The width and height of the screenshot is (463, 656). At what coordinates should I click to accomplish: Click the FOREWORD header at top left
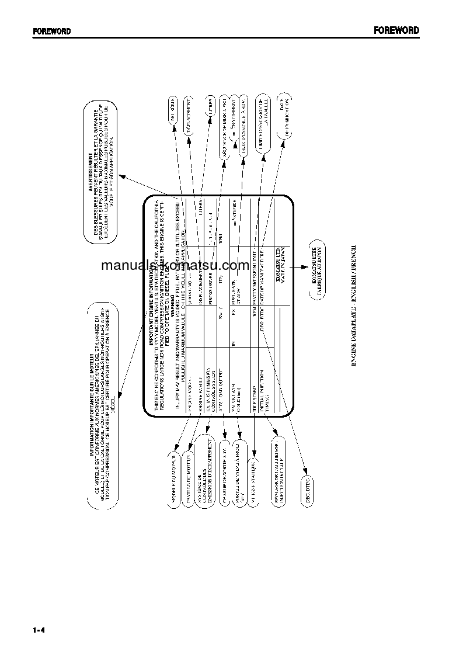[x=52, y=32]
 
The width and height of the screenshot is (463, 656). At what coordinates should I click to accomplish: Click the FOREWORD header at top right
[x=396, y=31]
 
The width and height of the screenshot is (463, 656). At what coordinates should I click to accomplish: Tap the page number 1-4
[x=39, y=630]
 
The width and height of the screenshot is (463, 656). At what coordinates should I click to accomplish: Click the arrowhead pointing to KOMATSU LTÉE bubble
[x=305, y=266]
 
